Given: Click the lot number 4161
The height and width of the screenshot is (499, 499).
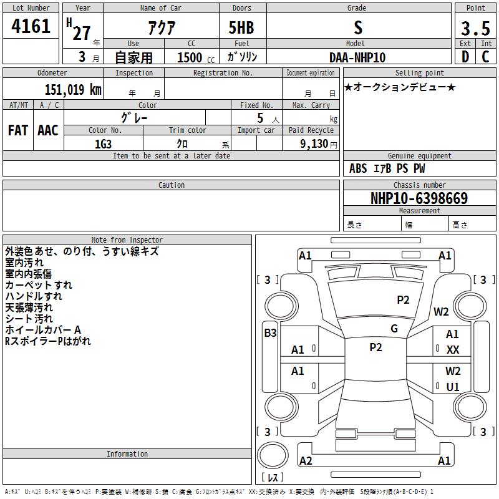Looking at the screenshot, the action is coord(31,26).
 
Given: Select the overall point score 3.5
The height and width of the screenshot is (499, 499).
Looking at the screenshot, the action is coord(475,28).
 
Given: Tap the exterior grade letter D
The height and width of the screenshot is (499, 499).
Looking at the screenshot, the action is coord(465,57).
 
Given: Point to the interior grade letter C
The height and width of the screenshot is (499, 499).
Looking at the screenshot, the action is coord(485,57).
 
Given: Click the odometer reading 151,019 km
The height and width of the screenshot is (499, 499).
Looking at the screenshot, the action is coord(73,90).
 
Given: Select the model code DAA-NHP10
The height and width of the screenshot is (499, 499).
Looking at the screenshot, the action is coord(357,57).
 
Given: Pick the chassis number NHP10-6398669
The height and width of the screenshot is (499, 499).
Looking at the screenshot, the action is coord(419,198).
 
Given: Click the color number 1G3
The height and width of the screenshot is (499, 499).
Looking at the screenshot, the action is coord(103,144).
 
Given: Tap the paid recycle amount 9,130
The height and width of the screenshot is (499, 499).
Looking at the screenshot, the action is coord(314,144).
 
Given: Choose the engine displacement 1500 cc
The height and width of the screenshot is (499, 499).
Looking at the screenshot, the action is coord(196,57).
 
